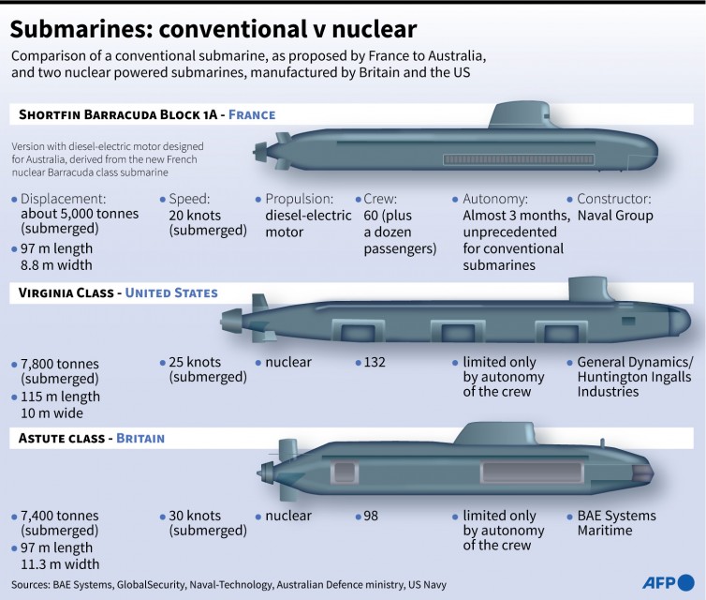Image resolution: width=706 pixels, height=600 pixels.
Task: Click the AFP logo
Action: [668, 581]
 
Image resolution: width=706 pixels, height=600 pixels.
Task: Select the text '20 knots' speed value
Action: [196, 216]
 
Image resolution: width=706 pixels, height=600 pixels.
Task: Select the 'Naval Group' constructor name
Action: [615, 216]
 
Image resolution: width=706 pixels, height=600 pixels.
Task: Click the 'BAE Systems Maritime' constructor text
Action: [616, 523]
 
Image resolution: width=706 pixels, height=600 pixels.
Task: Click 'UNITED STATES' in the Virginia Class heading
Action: [171, 293]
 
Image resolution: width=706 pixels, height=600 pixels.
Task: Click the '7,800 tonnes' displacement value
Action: [59, 362]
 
